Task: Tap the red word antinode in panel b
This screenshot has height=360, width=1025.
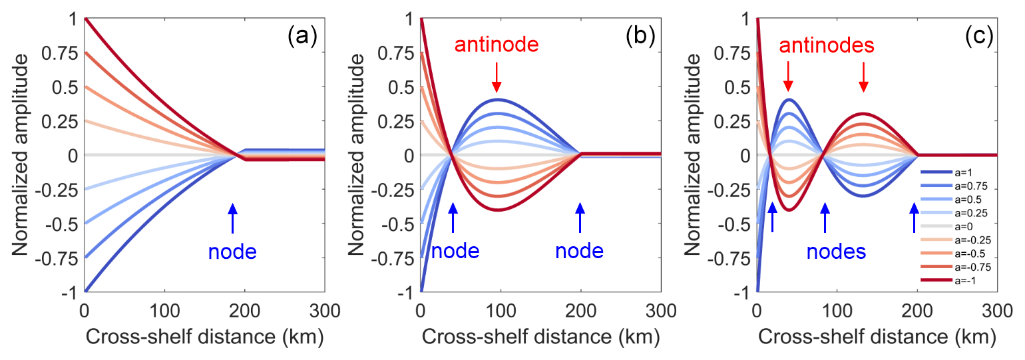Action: (x=496, y=46)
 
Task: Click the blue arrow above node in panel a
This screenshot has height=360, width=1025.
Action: (x=232, y=218)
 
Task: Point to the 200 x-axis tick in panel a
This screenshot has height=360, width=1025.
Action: (x=244, y=310)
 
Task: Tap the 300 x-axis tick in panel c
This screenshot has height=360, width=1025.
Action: (x=996, y=310)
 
